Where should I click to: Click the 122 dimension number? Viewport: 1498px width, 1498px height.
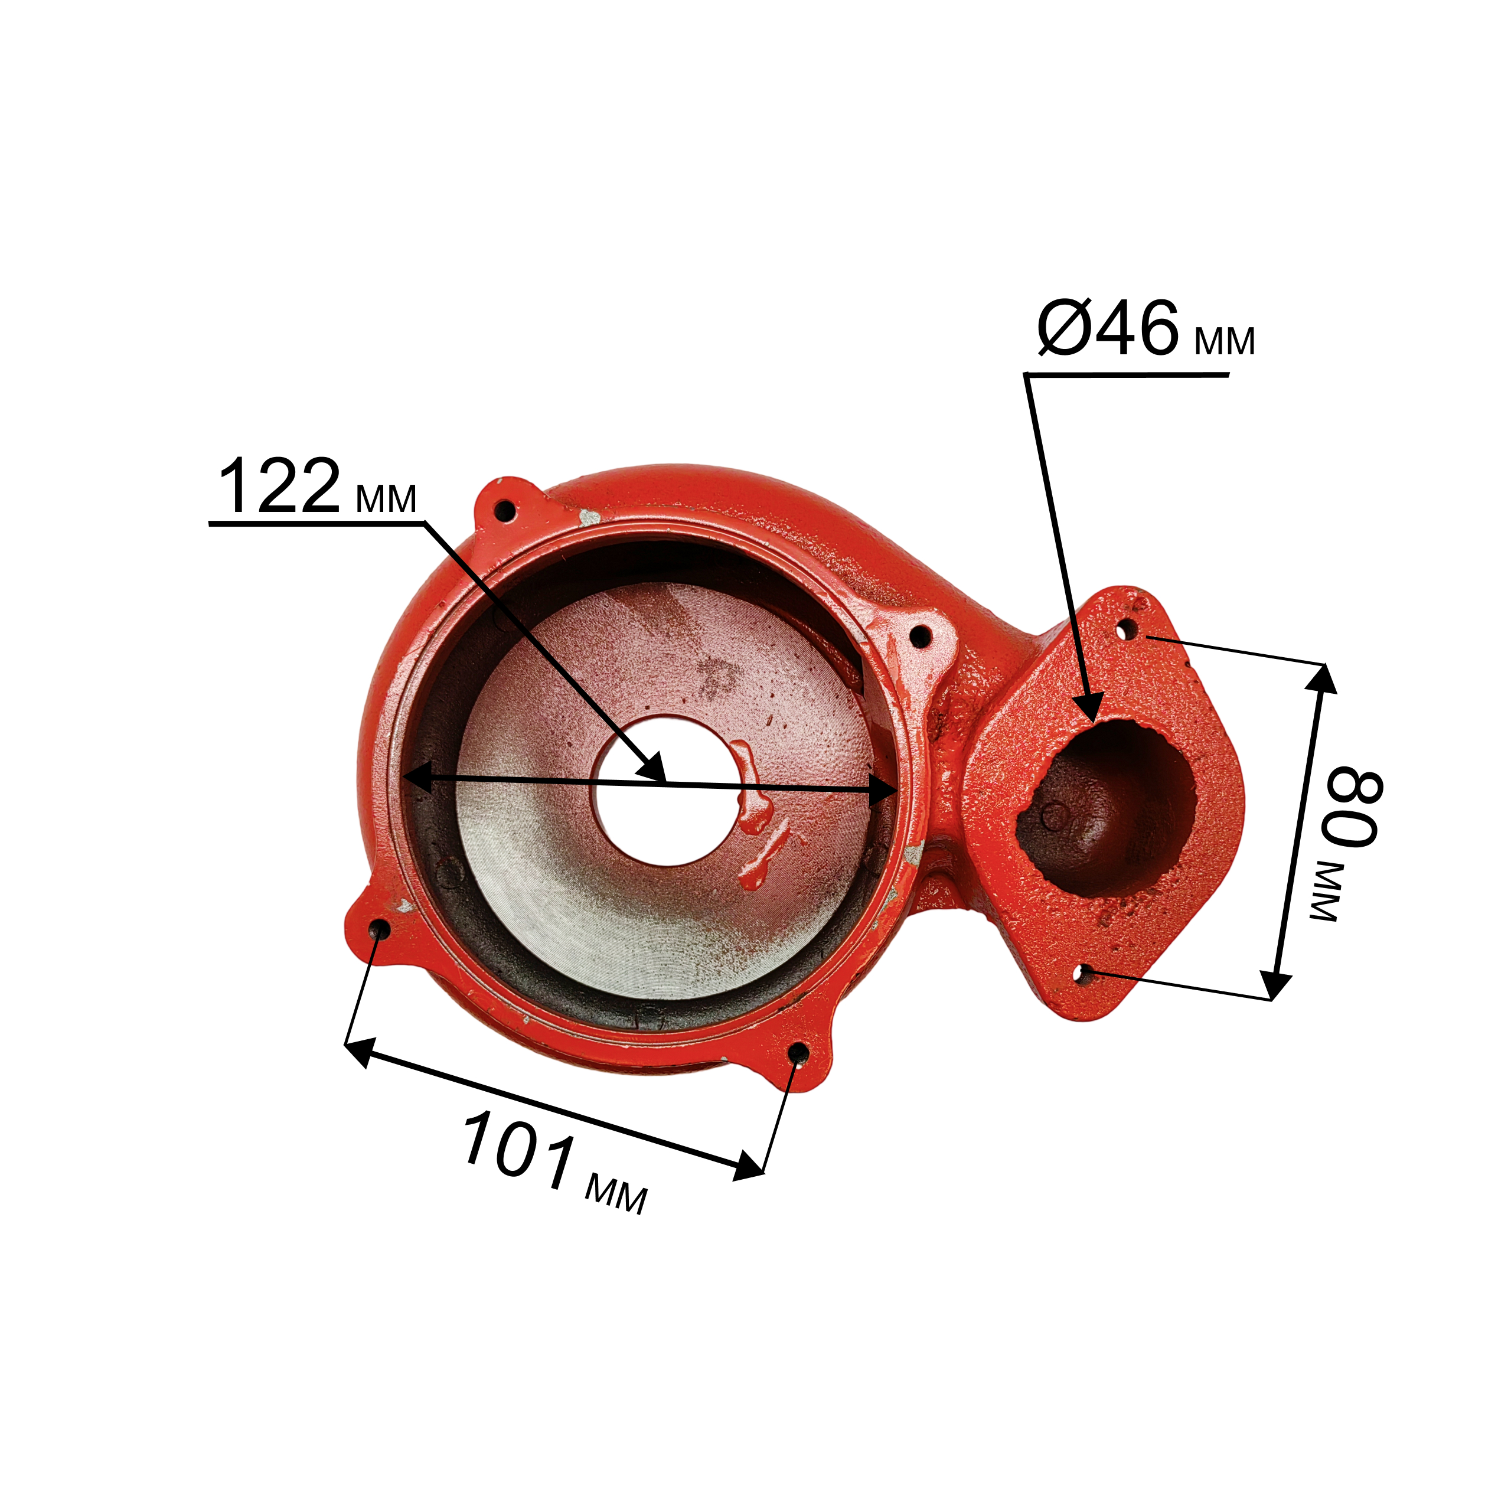tap(280, 486)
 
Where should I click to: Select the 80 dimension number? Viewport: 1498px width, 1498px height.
tap(1352, 807)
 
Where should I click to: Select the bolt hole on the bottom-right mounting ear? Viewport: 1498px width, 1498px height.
tap(798, 1053)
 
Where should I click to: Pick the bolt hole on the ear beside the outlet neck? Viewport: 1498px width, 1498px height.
tap(919, 637)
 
